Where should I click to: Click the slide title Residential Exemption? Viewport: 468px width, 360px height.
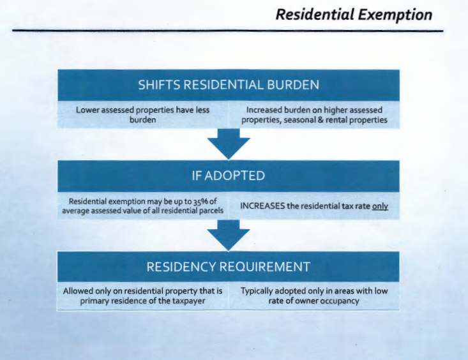tap(354, 15)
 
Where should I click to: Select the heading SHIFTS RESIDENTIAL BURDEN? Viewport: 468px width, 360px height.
tap(229, 85)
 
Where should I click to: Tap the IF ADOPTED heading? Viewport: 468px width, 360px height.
tap(229, 176)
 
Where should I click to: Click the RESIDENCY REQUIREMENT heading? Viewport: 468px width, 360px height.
tap(229, 267)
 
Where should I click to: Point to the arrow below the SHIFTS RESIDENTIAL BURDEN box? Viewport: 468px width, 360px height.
tap(229, 144)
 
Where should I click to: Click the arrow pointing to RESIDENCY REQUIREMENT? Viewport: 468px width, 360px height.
tap(229, 236)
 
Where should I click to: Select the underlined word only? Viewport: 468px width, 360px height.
tap(380, 206)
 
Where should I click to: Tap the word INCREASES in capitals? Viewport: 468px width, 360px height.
tap(262, 206)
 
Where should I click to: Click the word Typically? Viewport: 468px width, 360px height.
tap(257, 291)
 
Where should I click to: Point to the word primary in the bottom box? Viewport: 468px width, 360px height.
tap(94, 301)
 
